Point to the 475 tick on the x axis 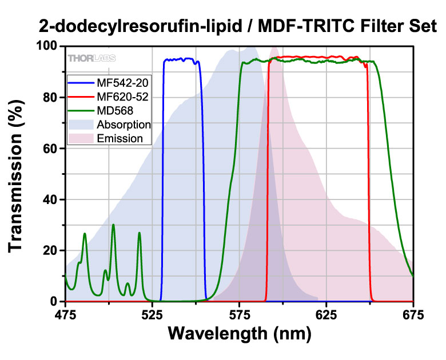(x=65, y=314)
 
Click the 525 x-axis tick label (x=152, y=314)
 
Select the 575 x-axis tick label (x=239, y=314)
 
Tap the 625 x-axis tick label (x=326, y=314)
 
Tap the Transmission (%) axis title (x=19, y=174)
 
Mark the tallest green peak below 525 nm (x=113, y=225)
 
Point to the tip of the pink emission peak (x=274, y=47)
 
